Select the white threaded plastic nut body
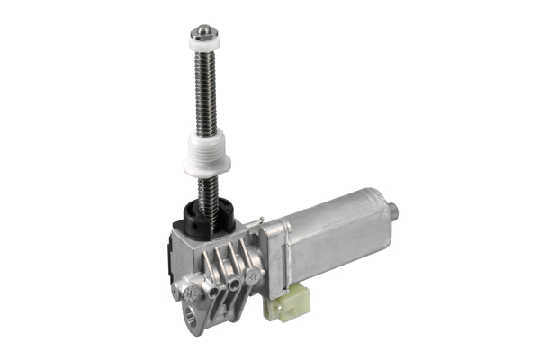207,144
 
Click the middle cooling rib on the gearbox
221,265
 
